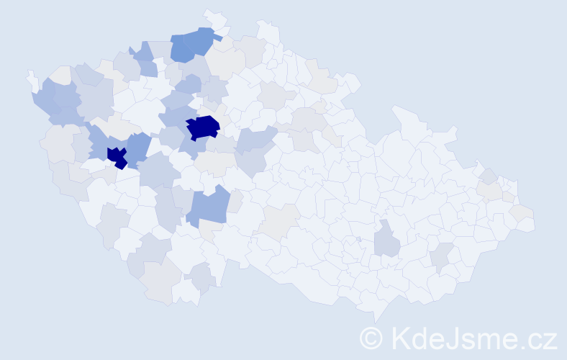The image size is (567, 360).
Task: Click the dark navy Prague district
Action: coord(203,127)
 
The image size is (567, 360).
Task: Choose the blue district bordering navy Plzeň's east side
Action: coord(139,148)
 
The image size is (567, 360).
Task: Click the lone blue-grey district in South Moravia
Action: coord(386,240)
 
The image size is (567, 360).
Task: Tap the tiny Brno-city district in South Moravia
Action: coord(358,239)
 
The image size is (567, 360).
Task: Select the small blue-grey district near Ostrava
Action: coord(489,175)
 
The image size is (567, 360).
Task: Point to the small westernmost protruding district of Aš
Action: coord(32,78)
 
